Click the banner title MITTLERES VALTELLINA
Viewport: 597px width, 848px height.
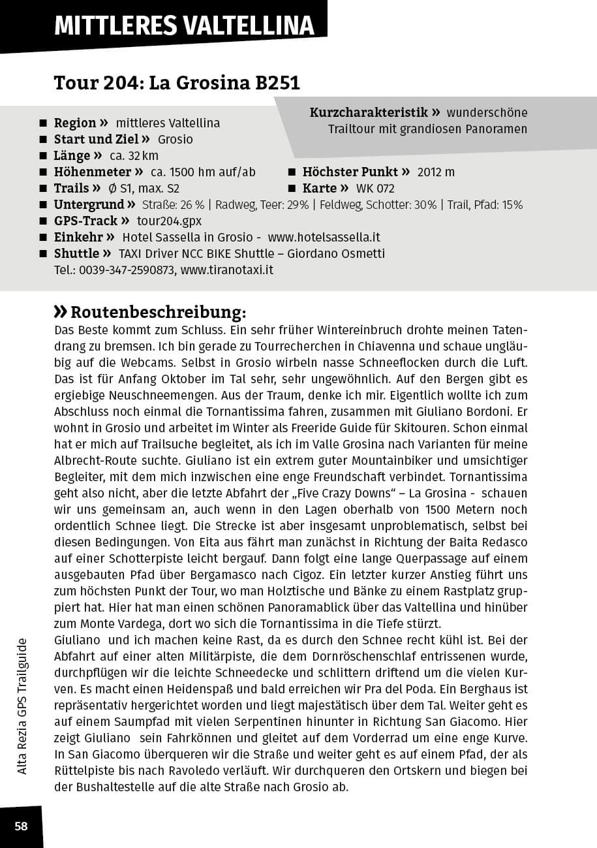tap(184, 25)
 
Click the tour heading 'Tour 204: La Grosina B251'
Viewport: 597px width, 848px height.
tap(177, 84)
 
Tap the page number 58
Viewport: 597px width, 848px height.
tap(22, 826)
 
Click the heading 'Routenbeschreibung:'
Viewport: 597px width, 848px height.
tap(158, 311)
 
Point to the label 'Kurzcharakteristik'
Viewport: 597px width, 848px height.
tap(369, 112)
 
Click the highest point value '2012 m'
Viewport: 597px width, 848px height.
tap(436, 172)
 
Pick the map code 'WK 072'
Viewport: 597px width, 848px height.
tap(375, 189)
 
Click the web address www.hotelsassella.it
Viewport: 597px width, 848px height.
tap(324, 237)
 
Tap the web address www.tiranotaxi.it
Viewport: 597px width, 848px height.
tap(226, 270)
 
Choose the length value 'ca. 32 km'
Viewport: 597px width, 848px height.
tap(134, 156)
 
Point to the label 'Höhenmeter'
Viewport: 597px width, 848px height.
tap(93, 172)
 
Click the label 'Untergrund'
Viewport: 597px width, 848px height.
tap(89, 205)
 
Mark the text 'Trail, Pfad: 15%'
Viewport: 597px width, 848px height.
tap(485, 205)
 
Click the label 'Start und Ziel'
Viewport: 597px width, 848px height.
tap(96, 140)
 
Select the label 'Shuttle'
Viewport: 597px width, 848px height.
tap(77, 253)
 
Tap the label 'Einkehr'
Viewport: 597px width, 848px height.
tap(78, 237)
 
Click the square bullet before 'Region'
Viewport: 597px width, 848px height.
tap(43, 123)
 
